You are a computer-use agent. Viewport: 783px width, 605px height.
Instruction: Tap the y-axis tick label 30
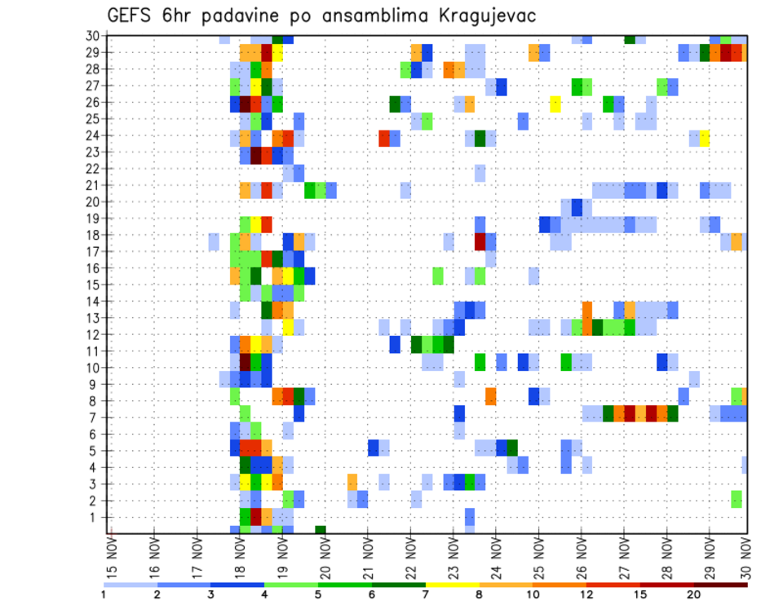click(93, 36)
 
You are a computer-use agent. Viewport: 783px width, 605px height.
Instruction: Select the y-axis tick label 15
click(93, 285)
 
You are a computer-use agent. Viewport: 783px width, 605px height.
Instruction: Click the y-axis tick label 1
click(96, 517)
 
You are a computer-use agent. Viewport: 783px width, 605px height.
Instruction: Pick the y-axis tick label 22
click(93, 169)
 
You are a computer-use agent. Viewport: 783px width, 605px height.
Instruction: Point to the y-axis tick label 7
click(96, 417)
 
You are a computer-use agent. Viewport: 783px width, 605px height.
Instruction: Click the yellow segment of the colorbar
click(452, 585)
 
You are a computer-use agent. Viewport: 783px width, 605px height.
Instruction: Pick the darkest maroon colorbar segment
click(721, 585)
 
